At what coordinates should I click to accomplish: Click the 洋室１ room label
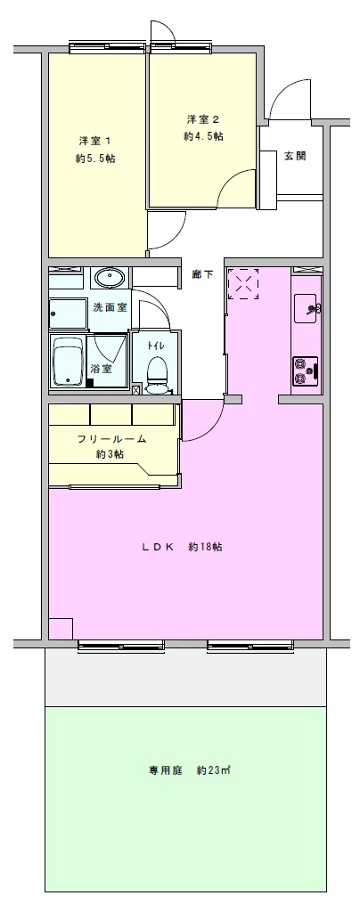click(x=95, y=141)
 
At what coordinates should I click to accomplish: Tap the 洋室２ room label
click(x=203, y=120)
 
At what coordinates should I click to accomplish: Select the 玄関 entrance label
click(x=295, y=156)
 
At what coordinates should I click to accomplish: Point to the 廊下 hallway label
click(x=202, y=274)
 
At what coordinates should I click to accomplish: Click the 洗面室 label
click(x=110, y=307)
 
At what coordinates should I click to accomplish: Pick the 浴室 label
click(x=101, y=368)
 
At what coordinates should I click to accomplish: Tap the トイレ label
click(x=155, y=346)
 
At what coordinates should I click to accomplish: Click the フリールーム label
click(x=111, y=440)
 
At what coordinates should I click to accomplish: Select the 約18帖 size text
click(x=207, y=548)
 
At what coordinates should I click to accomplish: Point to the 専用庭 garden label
click(x=167, y=771)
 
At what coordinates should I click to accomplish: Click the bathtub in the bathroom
click(x=69, y=363)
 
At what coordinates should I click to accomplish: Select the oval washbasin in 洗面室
click(x=110, y=278)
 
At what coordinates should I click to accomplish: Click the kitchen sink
click(x=306, y=308)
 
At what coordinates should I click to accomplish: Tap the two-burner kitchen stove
click(x=306, y=371)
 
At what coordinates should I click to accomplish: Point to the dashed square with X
click(x=243, y=284)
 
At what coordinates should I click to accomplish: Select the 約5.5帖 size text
click(x=95, y=159)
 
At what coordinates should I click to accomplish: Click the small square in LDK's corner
click(x=61, y=629)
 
